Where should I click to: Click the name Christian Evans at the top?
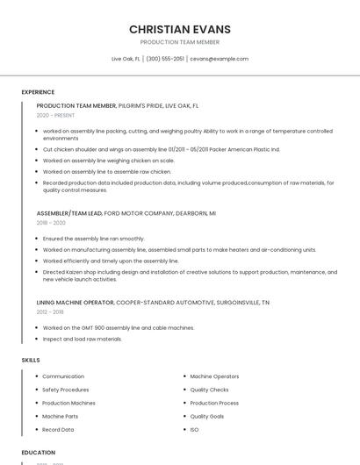pos(180,29)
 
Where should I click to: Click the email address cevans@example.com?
pos(219,59)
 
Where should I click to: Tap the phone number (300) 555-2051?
pos(165,59)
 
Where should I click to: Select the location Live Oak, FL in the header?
pos(126,59)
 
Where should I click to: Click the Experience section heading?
pos(38,92)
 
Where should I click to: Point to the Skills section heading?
pos(31,360)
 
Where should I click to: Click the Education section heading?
pos(39,453)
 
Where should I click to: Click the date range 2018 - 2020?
pos(51,223)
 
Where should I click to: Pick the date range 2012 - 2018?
pos(50,311)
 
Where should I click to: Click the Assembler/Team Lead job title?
pos(69,213)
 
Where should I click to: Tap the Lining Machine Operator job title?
pos(75,302)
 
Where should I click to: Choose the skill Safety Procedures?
pos(65,390)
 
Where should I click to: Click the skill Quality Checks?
pos(209,390)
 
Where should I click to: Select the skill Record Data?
pos(58,430)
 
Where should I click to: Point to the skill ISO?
pos(194,430)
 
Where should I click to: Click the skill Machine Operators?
pos(214,376)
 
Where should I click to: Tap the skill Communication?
pos(63,376)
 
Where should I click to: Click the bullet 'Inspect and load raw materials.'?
pos(83,339)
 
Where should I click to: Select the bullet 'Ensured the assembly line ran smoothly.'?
pos(93,239)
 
